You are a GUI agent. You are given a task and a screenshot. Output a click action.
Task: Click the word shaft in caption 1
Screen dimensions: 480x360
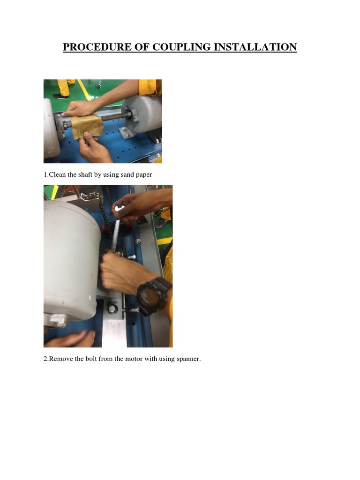click(x=83, y=175)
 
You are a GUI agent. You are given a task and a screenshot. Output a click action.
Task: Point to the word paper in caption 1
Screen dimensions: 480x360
click(x=144, y=175)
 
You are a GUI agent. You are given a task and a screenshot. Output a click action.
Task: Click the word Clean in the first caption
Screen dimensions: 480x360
click(x=58, y=175)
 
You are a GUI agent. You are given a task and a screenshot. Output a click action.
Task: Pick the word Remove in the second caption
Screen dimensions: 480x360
click(x=60, y=359)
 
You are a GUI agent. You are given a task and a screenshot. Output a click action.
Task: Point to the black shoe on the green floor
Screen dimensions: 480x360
click(x=60, y=96)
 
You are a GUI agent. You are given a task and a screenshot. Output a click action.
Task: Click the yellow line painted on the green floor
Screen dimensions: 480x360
click(x=84, y=89)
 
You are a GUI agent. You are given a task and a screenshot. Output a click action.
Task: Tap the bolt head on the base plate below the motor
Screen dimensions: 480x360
click(x=112, y=308)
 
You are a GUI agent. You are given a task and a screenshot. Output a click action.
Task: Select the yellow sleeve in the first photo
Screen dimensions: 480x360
click(x=149, y=87)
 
